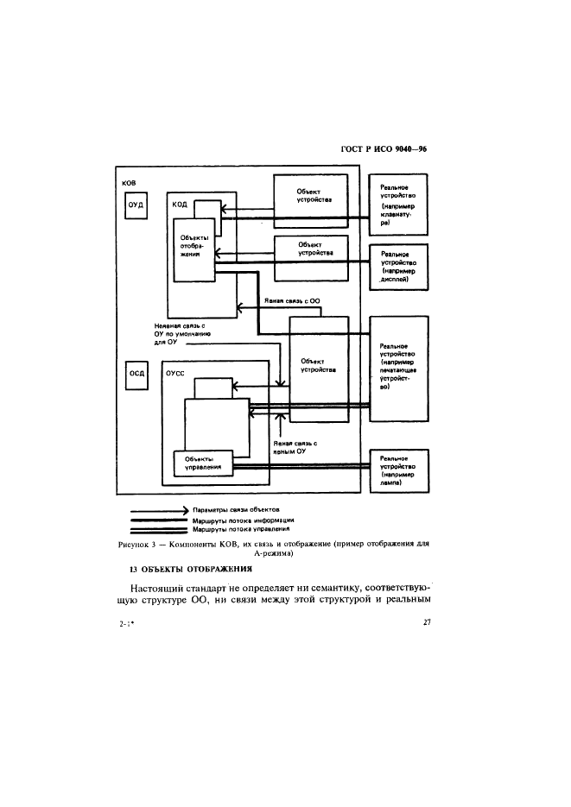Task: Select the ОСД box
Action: coord(136,374)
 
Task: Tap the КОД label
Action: coord(180,205)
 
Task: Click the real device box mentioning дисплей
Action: coord(399,267)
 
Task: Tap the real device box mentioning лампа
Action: coord(399,471)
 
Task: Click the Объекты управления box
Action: coord(203,463)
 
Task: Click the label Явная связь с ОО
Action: coord(292,303)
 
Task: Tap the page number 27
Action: coord(427,624)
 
